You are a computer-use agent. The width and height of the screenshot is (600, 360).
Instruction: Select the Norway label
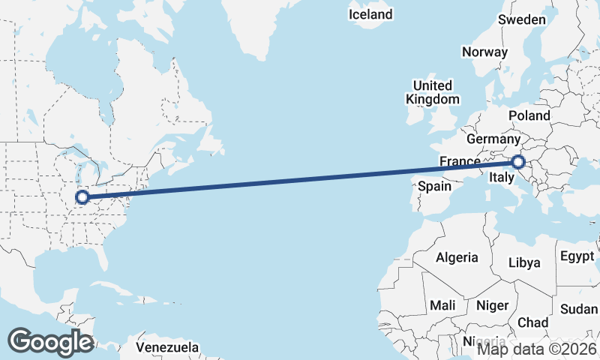484,52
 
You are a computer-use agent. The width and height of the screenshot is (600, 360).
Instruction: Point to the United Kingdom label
433,92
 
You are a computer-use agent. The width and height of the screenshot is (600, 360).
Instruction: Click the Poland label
529,115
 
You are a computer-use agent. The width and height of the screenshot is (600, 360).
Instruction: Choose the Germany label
493,139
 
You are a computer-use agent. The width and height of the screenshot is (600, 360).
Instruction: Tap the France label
460,162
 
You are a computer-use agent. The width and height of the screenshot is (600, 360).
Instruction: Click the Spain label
433,186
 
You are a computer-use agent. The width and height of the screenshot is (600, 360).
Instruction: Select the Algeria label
457,257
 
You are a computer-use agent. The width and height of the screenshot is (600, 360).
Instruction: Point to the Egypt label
577,256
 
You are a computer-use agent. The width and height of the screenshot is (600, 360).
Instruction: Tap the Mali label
442,305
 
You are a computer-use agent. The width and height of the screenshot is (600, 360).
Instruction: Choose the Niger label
492,305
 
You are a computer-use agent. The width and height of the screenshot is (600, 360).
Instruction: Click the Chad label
532,322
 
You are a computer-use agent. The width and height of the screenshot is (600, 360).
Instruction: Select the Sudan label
579,309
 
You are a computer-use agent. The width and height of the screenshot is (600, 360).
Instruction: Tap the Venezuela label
168,347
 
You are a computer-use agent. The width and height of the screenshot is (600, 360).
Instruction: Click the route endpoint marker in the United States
82,198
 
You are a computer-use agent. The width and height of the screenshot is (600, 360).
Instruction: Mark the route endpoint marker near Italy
517,161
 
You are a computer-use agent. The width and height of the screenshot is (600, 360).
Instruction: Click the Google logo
50,341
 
